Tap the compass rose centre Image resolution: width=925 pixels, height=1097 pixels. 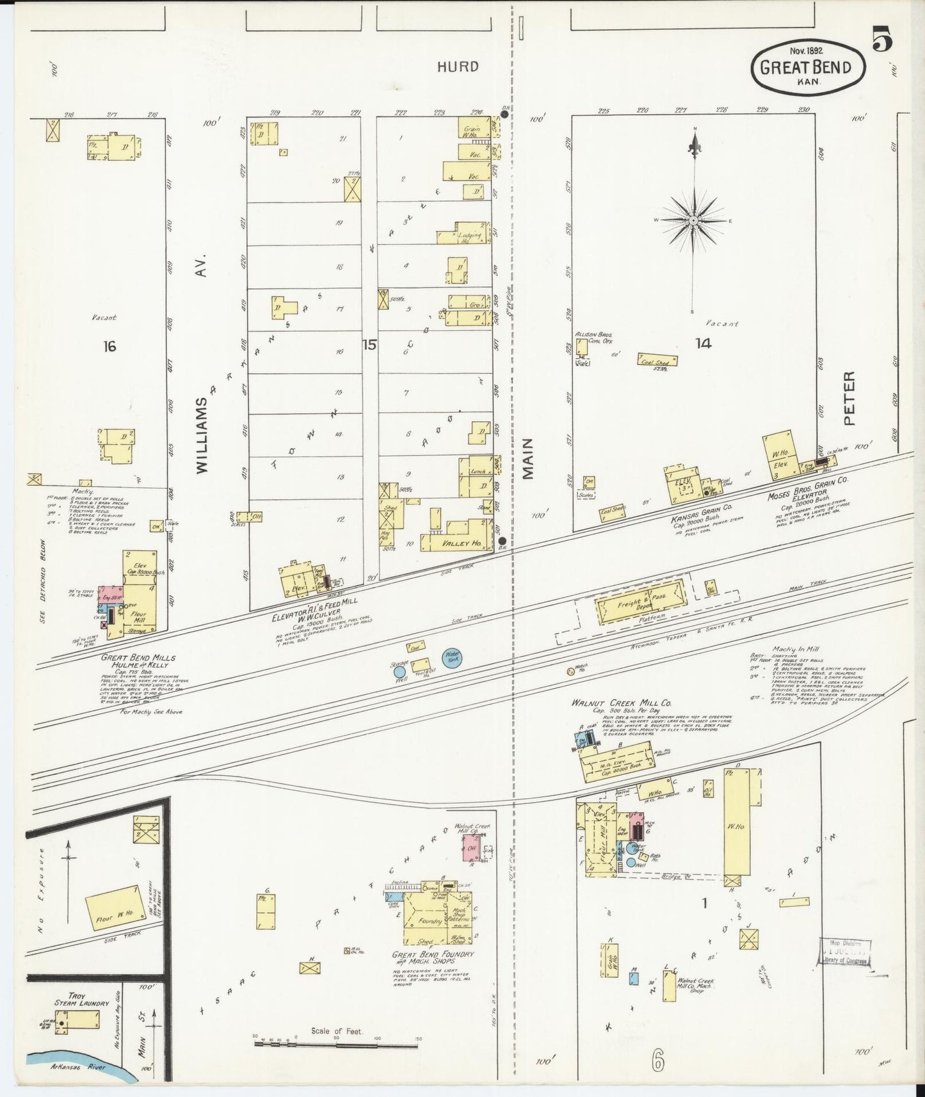tap(693, 220)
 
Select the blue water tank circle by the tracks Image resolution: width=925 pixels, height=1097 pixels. tap(453, 657)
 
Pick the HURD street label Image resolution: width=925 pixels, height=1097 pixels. tap(458, 67)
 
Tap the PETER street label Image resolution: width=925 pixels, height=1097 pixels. tap(849, 398)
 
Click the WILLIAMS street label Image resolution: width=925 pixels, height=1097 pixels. tap(203, 435)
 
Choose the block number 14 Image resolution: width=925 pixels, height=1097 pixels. tap(704, 344)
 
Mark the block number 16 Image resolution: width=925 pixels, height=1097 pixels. tap(109, 346)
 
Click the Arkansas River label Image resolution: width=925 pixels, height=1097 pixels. tap(77, 1068)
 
